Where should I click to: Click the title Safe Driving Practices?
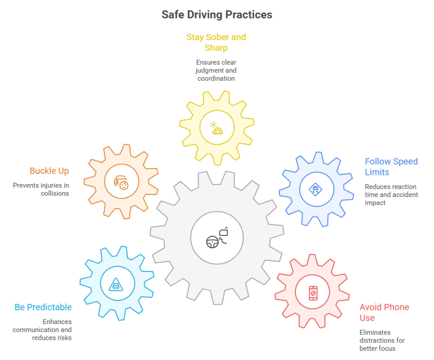(x=217, y=15)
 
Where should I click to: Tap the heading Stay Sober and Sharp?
(x=216, y=42)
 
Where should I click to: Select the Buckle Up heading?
(x=49, y=171)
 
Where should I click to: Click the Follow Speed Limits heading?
(x=391, y=167)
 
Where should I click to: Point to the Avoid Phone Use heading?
(x=384, y=312)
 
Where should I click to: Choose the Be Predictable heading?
(x=43, y=307)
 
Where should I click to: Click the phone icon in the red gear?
(x=313, y=293)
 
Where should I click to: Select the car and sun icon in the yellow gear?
(x=217, y=128)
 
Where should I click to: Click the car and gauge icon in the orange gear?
(x=121, y=182)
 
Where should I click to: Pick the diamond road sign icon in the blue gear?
(x=316, y=189)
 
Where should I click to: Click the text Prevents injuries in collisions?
(x=41, y=189)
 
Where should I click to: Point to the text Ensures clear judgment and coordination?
(x=217, y=70)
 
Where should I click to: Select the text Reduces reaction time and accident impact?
(x=391, y=195)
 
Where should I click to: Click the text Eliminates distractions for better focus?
(x=382, y=340)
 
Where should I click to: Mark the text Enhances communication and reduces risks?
(x=42, y=330)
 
